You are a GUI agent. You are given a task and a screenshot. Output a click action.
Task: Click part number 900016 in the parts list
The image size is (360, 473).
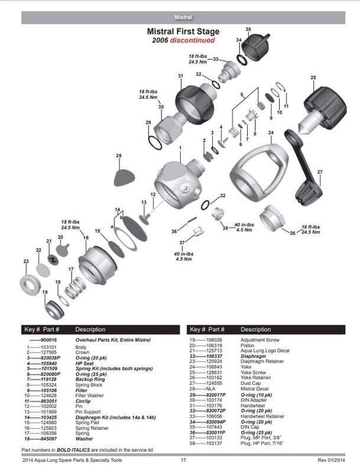[x=57, y=340]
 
